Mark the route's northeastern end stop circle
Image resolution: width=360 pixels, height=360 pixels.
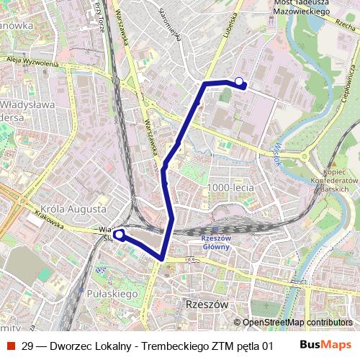pos(240,81)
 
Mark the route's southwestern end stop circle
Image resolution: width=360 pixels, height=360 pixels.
pos(118,233)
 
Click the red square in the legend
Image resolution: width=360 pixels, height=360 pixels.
pos(10,346)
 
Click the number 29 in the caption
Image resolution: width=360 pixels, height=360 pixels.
pos(28,346)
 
